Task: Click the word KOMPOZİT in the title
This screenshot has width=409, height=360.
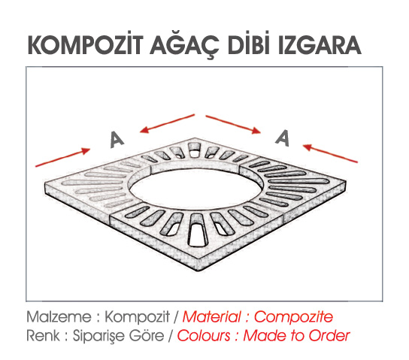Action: pos(86,45)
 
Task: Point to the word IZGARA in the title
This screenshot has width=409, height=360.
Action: pos(318,45)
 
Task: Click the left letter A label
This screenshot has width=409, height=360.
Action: pos(117,140)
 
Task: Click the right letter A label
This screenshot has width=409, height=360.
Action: pos(283,138)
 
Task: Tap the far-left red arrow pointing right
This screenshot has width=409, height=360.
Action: pos(62,157)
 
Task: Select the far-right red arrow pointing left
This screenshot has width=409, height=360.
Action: pos(330,153)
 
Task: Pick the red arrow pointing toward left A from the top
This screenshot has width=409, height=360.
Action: pos(167,123)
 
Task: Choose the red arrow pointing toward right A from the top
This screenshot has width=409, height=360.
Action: pos(234,124)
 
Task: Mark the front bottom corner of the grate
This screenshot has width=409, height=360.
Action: pos(196,271)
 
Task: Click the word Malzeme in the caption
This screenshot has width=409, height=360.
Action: pos(59,317)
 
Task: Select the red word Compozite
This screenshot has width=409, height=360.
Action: pos(293,317)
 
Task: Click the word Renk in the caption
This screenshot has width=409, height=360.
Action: pos(44,335)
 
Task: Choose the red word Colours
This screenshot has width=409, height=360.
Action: pos(204,335)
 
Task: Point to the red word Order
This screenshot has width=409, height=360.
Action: pos(329,335)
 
